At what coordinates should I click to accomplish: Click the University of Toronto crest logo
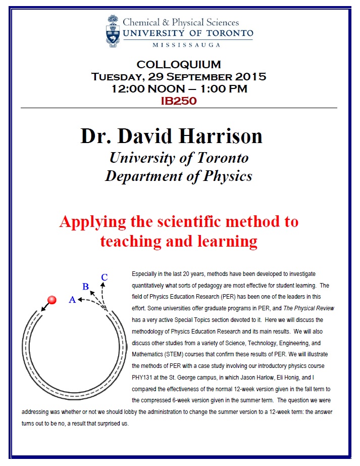coord(113,30)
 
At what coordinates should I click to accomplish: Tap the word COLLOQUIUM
coord(179,65)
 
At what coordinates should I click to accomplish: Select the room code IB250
coord(178,101)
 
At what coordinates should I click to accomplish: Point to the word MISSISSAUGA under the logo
coord(186,45)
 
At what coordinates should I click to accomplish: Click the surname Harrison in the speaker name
coord(221,136)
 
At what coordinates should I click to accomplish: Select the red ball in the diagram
coord(52,300)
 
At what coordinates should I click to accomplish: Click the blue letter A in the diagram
coord(72,300)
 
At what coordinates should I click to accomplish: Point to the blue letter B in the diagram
coord(86,287)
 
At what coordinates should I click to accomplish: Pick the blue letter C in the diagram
coord(104,277)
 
